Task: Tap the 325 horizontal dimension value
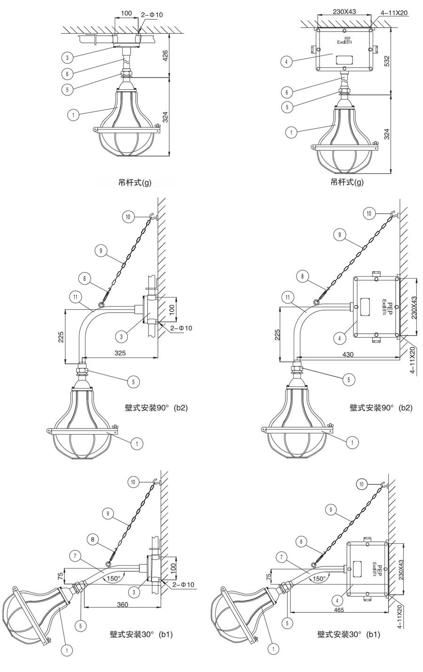pyautogui.click(x=120, y=353)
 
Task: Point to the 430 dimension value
pyautogui.click(x=348, y=354)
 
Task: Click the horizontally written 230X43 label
pyautogui.click(x=345, y=11)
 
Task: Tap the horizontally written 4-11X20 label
pyautogui.click(x=394, y=13)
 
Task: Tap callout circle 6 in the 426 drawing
pyautogui.click(x=67, y=73)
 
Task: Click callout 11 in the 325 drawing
pyautogui.click(x=75, y=297)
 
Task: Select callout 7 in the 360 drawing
pyautogui.click(x=75, y=556)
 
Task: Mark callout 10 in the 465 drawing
pyautogui.click(x=361, y=484)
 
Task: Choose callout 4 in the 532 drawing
pyautogui.click(x=287, y=62)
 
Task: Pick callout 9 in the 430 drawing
pyautogui.click(x=340, y=234)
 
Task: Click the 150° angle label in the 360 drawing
pyautogui.click(x=114, y=578)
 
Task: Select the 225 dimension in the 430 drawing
pyautogui.click(x=277, y=335)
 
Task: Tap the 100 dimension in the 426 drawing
pyautogui.click(x=126, y=14)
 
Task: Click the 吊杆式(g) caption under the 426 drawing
pyautogui.click(x=135, y=182)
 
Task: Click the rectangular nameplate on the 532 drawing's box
pyautogui.click(x=344, y=59)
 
